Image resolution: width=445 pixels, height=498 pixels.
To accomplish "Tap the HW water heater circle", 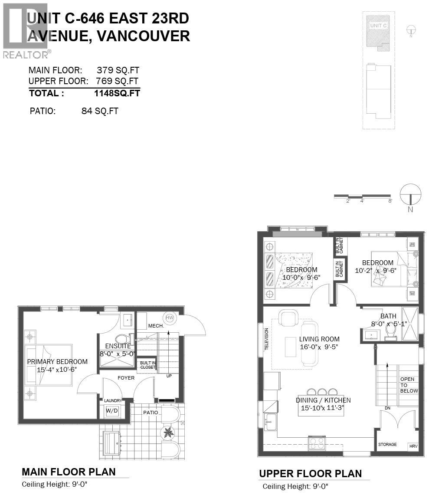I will click(170, 318).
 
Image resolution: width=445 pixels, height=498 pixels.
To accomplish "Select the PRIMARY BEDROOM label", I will click(57, 362).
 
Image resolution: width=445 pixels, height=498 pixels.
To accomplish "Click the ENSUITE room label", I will click(118, 346).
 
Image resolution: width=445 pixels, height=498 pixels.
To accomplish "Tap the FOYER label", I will click(126, 378).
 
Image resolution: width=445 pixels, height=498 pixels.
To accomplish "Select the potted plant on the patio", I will click(167, 432).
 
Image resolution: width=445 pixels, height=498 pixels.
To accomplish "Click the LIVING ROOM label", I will click(319, 339).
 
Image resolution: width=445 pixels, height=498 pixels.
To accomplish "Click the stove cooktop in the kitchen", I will click(317, 443).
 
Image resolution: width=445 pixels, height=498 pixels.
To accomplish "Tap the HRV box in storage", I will click(413, 446).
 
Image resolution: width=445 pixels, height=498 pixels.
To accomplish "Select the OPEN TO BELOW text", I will click(407, 385).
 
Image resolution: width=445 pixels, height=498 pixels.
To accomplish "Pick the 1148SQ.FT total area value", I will click(117, 93).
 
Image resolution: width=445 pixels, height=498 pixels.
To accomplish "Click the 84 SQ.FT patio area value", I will click(100, 111).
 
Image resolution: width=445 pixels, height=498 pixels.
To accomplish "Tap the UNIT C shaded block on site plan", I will click(378, 30).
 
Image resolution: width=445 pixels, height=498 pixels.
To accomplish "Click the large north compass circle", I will click(410, 194).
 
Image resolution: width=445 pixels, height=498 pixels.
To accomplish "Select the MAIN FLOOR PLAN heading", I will click(69, 472).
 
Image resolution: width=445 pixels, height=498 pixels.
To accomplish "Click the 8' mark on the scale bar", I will click(390, 201).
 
